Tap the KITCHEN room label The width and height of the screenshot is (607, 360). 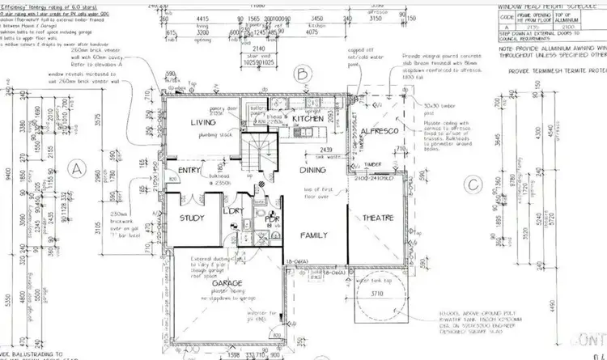coord(308,118)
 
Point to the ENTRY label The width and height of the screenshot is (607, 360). coord(189,171)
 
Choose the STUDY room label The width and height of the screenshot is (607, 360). coord(192,217)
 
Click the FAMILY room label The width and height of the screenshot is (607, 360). coord(312,235)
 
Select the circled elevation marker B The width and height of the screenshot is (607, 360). coord(300,75)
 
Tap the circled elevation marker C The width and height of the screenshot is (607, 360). coord(473,184)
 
